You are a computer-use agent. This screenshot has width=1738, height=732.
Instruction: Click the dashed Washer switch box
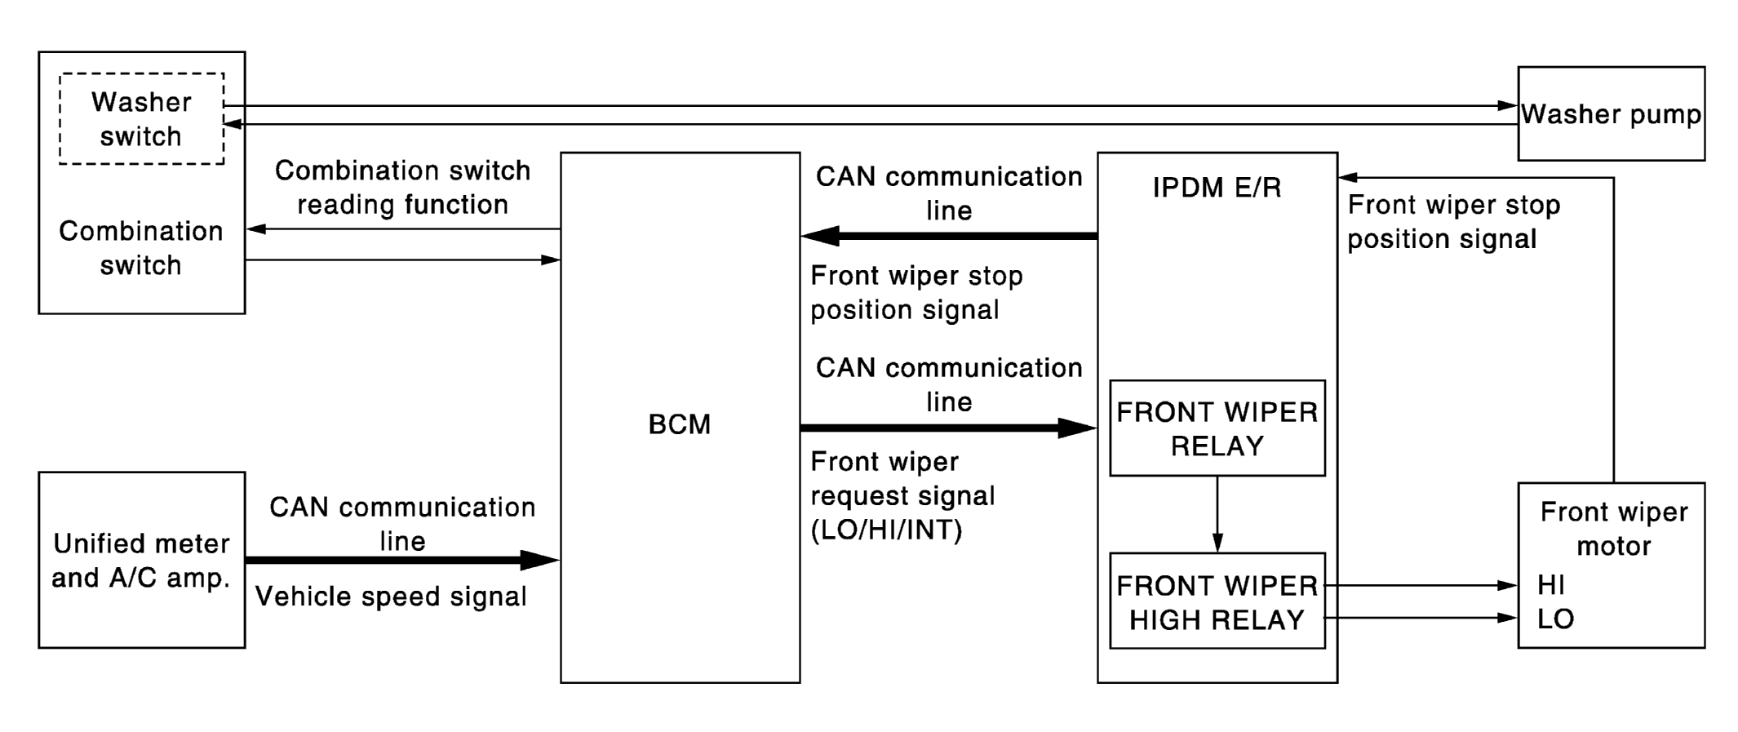click(142, 119)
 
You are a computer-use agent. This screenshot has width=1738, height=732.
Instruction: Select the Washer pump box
click(1611, 113)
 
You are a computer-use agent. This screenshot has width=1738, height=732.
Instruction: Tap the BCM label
click(680, 424)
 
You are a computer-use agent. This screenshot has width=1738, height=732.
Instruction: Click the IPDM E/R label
click(1217, 188)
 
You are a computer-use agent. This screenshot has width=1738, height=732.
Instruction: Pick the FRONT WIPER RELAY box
click(1217, 428)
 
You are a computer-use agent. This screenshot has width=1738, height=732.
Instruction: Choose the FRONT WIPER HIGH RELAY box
click(1217, 601)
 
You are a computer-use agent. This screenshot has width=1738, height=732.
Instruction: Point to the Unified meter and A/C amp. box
click(142, 560)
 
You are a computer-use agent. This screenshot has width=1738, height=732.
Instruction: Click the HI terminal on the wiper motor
click(1551, 585)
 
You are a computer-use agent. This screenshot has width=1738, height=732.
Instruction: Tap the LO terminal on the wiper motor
click(1555, 619)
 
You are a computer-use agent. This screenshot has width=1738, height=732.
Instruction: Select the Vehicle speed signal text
click(391, 597)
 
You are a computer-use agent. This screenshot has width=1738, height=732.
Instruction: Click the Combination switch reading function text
click(403, 187)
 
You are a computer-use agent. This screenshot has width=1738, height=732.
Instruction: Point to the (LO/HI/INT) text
click(886, 530)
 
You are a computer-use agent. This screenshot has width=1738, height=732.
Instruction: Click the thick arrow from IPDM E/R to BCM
click(949, 236)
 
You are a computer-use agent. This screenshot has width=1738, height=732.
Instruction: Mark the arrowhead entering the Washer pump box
click(1508, 105)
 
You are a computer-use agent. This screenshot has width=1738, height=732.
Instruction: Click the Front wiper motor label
click(1613, 529)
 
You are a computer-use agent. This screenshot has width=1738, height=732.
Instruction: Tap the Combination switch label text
click(141, 248)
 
